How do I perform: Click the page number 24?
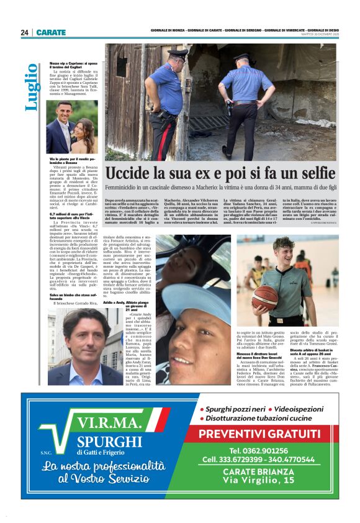click(25, 32)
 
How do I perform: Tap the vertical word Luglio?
click(30, 87)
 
